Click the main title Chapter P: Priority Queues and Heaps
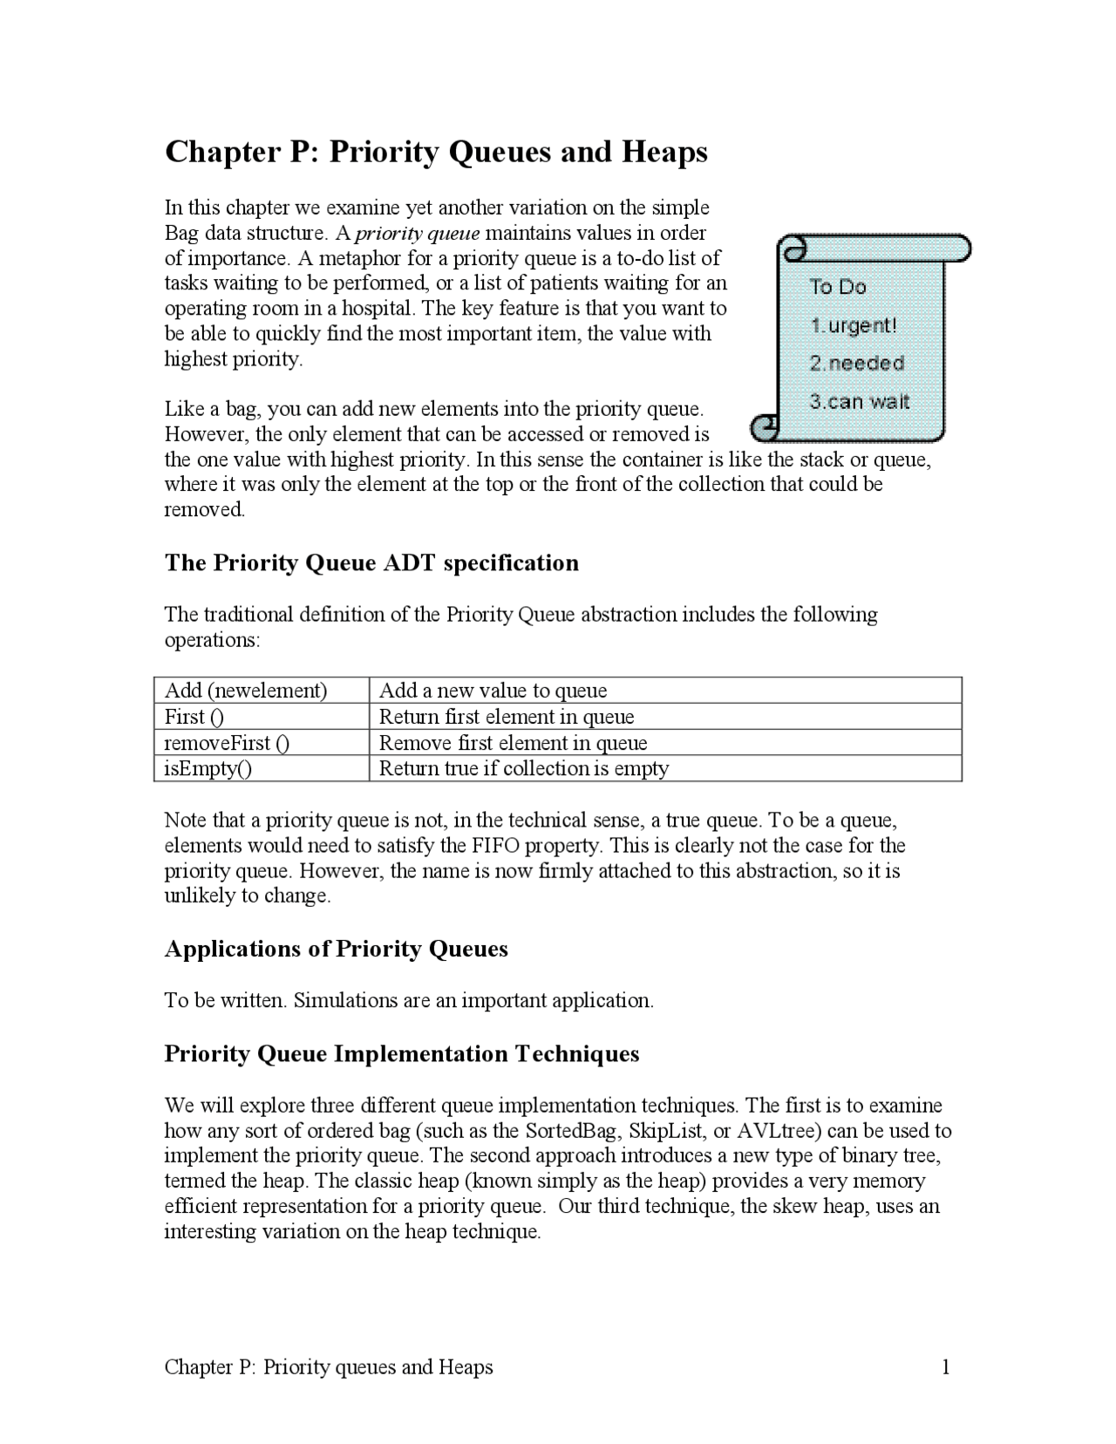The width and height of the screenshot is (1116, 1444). (x=436, y=152)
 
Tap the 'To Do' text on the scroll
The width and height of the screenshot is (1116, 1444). (x=837, y=287)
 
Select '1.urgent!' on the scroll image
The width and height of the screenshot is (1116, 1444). (x=853, y=325)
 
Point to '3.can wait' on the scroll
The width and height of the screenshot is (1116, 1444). (x=859, y=402)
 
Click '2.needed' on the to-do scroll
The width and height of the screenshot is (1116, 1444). (x=856, y=364)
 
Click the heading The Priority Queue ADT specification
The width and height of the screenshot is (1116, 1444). (x=371, y=562)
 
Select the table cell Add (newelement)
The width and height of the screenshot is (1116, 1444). (x=246, y=691)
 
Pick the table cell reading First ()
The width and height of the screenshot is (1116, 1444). (x=194, y=717)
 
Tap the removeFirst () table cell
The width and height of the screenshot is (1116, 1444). (x=227, y=743)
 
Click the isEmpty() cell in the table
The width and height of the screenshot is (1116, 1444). (x=208, y=768)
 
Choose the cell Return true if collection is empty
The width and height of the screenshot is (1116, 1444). (x=523, y=768)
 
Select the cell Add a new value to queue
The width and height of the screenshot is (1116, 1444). (x=493, y=691)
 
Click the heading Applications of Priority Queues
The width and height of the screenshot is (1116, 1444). (x=336, y=949)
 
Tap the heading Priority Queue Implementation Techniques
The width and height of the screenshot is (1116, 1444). (x=402, y=1053)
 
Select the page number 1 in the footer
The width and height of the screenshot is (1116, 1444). (x=945, y=1367)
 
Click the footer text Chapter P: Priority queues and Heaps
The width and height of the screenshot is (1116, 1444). (x=329, y=1367)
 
